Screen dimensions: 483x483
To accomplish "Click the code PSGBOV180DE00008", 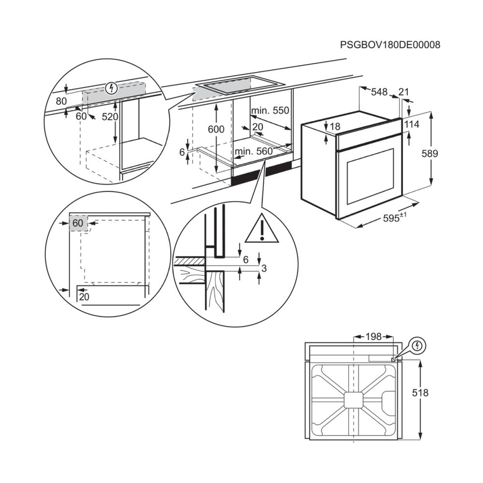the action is coord(390,45).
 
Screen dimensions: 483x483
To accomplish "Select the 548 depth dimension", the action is coord(379,92).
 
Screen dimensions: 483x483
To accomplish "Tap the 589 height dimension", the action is coord(429,154).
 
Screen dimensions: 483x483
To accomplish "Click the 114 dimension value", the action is coord(412,124).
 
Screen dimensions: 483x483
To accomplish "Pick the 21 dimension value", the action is coord(403,92).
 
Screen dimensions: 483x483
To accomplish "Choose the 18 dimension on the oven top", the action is coord(335,126).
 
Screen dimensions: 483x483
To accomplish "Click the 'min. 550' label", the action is coord(270,110).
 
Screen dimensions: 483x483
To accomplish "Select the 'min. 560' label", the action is coord(254,151).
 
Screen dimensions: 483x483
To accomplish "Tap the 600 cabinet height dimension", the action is coord(216,129).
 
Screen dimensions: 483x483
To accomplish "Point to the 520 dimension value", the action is coord(110,117).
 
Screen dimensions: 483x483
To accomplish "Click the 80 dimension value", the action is coord(61,101).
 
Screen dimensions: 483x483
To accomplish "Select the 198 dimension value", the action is coord(373,337).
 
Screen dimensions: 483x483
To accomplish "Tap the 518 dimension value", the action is coord(420,393).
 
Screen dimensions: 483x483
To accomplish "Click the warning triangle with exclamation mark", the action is coord(262,228).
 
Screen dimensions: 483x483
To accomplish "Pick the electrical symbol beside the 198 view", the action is coord(417,345).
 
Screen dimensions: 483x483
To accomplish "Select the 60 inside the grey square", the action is coord(78,223).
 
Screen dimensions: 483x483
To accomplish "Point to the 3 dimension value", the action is coord(264,269).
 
